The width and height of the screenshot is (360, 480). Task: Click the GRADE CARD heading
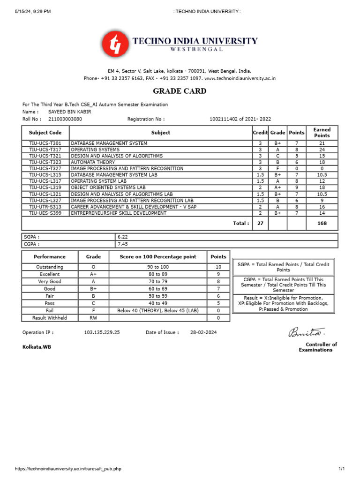click(x=180, y=91)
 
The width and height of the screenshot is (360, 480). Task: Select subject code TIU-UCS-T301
click(x=45, y=143)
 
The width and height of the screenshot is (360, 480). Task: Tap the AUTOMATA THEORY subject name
click(x=92, y=162)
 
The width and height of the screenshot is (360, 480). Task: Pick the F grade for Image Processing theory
click(x=277, y=168)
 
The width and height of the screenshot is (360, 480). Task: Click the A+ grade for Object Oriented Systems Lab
click(x=277, y=187)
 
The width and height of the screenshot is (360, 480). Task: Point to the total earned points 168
click(x=322, y=224)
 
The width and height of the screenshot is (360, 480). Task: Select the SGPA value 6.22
click(x=122, y=237)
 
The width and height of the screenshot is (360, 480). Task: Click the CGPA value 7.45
click(x=122, y=244)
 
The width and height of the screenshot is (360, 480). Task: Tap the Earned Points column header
click(x=322, y=133)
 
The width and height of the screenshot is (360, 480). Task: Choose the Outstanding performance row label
click(x=50, y=267)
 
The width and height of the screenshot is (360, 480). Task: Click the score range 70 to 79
click(x=157, y=281)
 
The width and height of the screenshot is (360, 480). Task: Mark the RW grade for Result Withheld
click(x=93, y=318)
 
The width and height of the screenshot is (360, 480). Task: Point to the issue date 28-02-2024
click(x=203, y=332)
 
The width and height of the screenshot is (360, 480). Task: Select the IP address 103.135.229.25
click(x=102, y=332)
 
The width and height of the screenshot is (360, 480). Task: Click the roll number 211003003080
click(x=65, y=119)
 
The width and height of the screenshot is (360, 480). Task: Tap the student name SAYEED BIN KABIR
click(x=70, y=112)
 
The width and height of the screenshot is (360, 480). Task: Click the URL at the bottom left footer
click(x=68, y=469)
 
